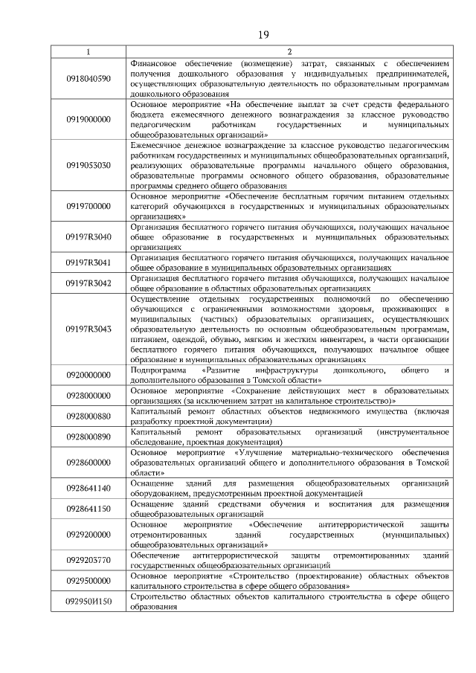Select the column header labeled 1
pyautogui.click(x=89, y=52)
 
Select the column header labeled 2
pyautogui.click(x=289, y=52)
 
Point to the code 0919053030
pyautogui.click(x=89, y=165)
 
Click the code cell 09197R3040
pyautogui.click(x=89, y=237)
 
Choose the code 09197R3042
pyautogui.click(x=89, y=283)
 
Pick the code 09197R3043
pyautogui.click(x=89, y=328)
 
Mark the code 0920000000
pyautogui.click(x=89, y=374)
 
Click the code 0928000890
pyautogui.click(x=89, y=437)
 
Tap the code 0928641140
pyautogui.click(x=89, y=488)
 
